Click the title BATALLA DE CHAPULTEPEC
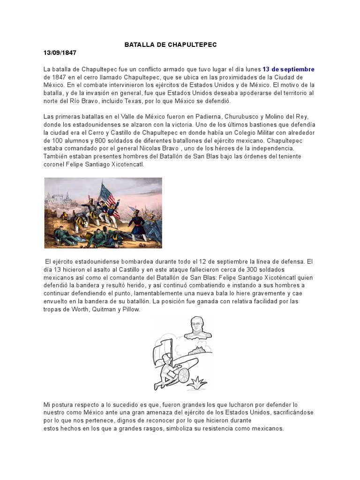(171, 45)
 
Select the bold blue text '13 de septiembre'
(288, 69)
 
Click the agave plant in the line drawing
(200, 381)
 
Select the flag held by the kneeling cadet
(162, 347)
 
